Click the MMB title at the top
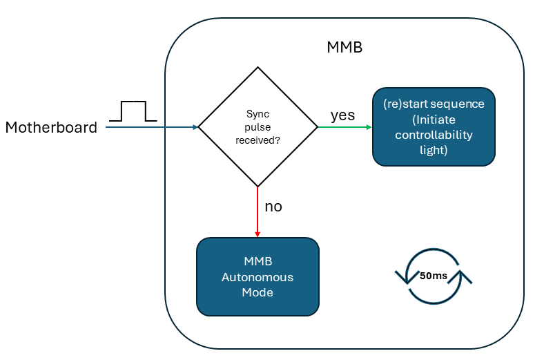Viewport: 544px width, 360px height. pos(344,48)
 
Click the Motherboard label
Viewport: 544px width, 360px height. pos(51,127)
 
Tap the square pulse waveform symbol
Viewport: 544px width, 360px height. pos(133,111)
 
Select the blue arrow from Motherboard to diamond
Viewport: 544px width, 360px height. pos(152,127)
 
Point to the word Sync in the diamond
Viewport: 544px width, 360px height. pos(258,115)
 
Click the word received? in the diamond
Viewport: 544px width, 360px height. pos(258,139)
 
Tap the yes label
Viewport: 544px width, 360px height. pos(342,115)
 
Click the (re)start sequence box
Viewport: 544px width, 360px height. pos(434,126)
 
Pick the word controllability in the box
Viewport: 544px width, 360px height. pos(434,135)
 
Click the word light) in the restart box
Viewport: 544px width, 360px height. pos(434,150)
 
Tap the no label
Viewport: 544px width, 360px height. pos(273,207)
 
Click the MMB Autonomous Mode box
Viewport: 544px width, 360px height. pos(258,277)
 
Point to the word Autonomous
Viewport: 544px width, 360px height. pos(258,277)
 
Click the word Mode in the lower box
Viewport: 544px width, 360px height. pos(258,292)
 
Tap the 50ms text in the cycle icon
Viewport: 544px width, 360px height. pos(433,276)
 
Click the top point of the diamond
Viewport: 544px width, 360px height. pos(258,68)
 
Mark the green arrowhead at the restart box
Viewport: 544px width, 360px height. pos(369,127)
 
